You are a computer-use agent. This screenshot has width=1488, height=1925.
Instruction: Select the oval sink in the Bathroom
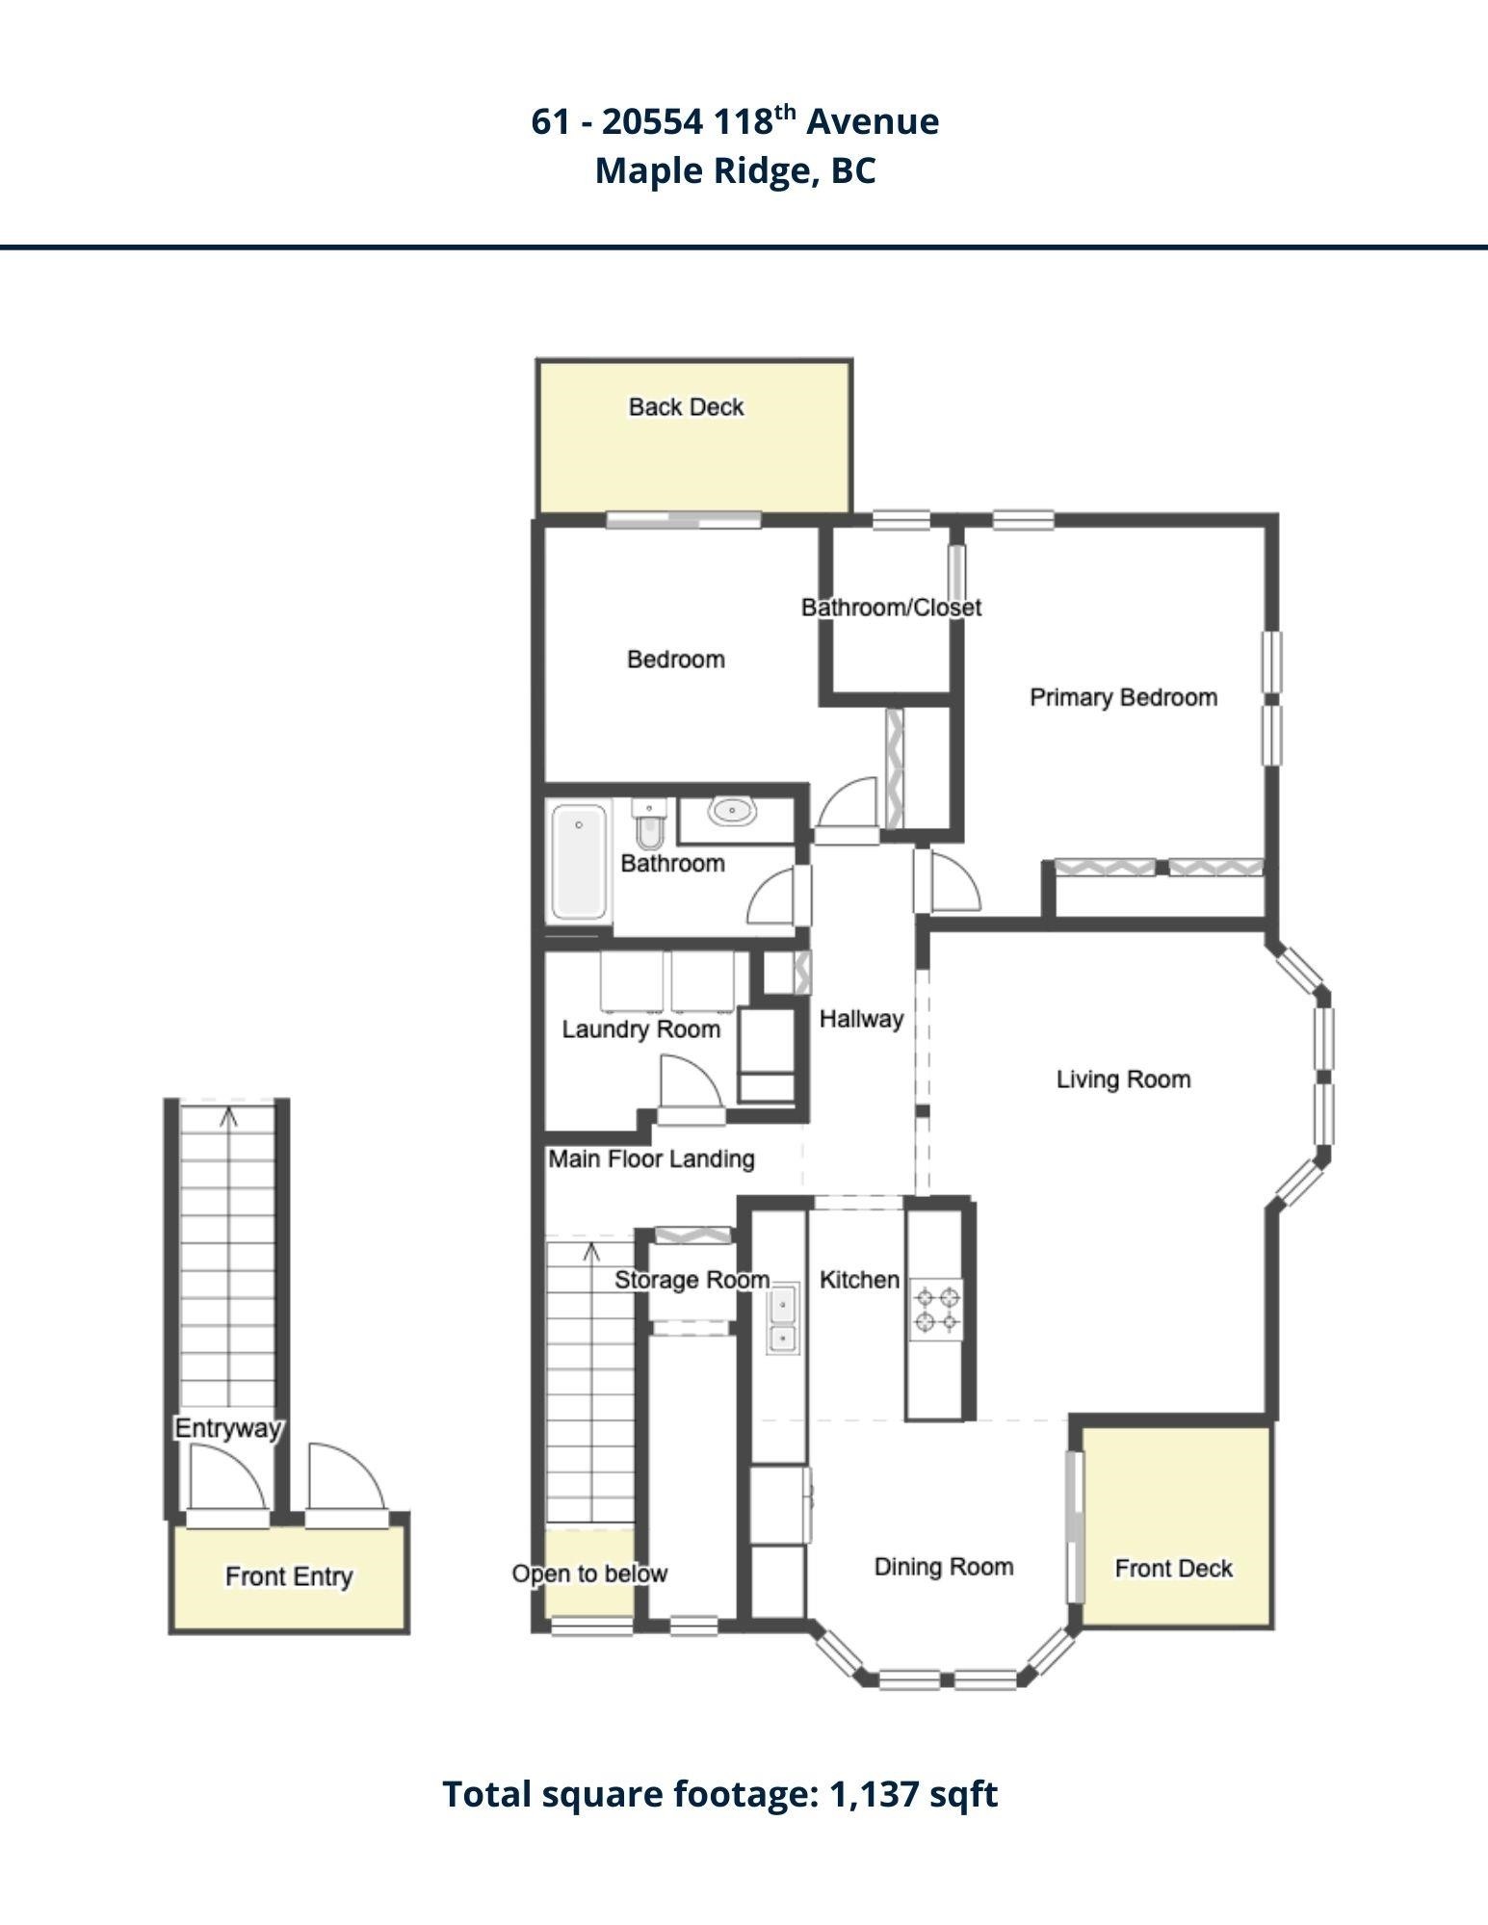(x=733, y=811)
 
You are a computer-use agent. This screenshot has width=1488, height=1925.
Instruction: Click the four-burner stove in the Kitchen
(x=936, y=1309)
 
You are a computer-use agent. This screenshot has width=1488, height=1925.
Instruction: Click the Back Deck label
(x=687, y=407)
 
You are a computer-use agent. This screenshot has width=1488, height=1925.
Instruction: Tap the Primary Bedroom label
(x=1124, y=697)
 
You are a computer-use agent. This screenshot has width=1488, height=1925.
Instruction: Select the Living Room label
(x=1124, y=1080)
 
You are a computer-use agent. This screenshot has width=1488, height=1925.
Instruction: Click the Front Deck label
(x=1174, y=1569)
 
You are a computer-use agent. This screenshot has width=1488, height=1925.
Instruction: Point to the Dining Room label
(x=944, y=1567)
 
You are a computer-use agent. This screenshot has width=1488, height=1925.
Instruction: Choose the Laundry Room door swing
(x=690, y=1082)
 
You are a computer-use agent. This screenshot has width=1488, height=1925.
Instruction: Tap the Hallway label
(x=862, y=1019)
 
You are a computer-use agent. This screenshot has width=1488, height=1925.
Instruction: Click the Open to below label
(x=589, y=1574)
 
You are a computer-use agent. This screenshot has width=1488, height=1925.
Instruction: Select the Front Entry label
(x=289, y=1576)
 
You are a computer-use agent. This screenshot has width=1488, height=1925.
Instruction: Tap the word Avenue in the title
(x=873, y=121)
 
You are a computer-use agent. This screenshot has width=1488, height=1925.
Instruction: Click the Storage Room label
(x=692, y=1280)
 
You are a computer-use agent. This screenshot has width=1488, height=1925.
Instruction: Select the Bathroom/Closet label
(x=892, y=608)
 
